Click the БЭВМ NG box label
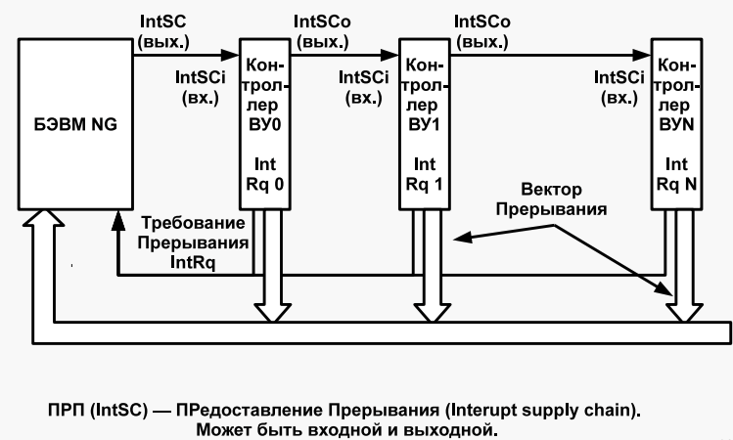(x=75, y=125)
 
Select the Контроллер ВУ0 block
(x=265, y=124)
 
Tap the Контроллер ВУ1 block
(x=425, y=124)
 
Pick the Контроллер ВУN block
(x=676, y=124)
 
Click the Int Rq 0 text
(x=265, y=174)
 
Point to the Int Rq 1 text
(x=425, y=174)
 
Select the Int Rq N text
(x=676, y=174)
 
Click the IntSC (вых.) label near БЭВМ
(x=163, y=31)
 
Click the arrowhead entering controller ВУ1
(x=389, y=55)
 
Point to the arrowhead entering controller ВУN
(x=642, y=55)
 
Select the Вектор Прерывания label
(x=552, y=199)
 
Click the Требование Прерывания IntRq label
(x=193, y=242)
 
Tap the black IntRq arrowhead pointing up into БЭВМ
(x=118, y=220)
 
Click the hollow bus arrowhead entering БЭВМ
(x=43, y=219)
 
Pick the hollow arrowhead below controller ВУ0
(x=272, y=313)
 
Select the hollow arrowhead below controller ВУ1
(x=432, y=313)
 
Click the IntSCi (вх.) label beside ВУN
(x=619, y=87)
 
